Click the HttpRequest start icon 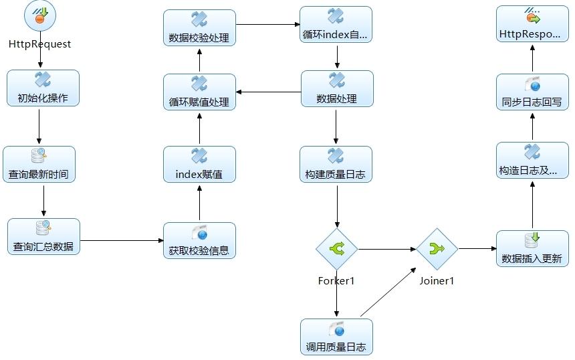[40, 15]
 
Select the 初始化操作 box [43, 88]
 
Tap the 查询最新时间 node [39, 164]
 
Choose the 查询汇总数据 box [43, 236]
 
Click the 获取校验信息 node [199, 240]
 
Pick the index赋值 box [199, 164]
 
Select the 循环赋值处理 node [199, 92]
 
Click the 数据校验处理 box [199, 27]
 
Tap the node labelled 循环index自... [336, 24]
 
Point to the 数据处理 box [338, 88]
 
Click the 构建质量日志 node [336, 164]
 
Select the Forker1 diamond [336, 249]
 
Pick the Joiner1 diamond [437, 249]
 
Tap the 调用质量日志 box [336, 337]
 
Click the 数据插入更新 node [532, 248]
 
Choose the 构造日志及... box [532, 161]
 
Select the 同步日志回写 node [532, 92]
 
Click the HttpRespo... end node [532, 24]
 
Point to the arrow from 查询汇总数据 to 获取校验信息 [122, 240]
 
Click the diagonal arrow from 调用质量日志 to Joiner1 [388, 292]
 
